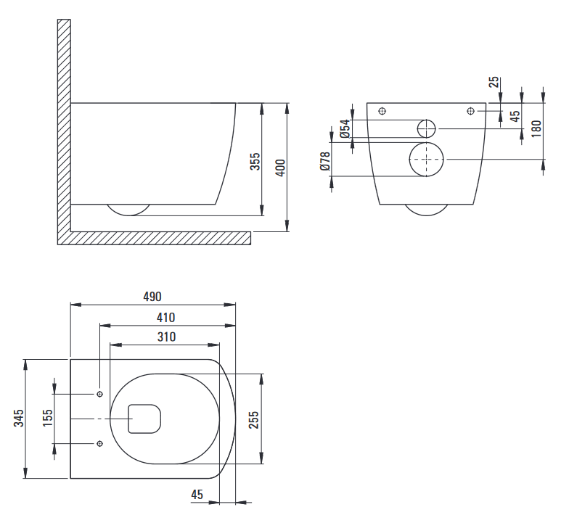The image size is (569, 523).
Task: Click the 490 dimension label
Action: (x=152, y=297)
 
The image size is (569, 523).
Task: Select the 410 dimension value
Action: (x=165, y=318)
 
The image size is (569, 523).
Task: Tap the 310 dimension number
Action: (x=167, y=337)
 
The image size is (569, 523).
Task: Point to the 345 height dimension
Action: (x=19, y=418)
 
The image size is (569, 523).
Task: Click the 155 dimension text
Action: (x=48, y=418)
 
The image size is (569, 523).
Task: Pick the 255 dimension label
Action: (x=254, y=419)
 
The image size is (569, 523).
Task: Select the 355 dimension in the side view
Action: (x=255, y=161)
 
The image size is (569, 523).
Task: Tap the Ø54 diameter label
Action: (x=345, y=129)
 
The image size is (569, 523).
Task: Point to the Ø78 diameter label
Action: (x=325, y=161)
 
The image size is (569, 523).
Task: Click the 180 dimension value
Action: (x=536, y=128)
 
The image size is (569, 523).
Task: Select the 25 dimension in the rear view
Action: (x=494, y=82)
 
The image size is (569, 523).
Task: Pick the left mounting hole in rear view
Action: (x=382, y=111)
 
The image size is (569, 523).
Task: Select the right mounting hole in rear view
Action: (x=470, y=111)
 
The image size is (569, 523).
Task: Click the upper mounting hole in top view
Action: (x=100, y=395)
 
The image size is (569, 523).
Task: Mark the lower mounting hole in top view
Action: (x=100, y=444)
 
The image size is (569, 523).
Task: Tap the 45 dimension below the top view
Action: (x=197, y=495)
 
